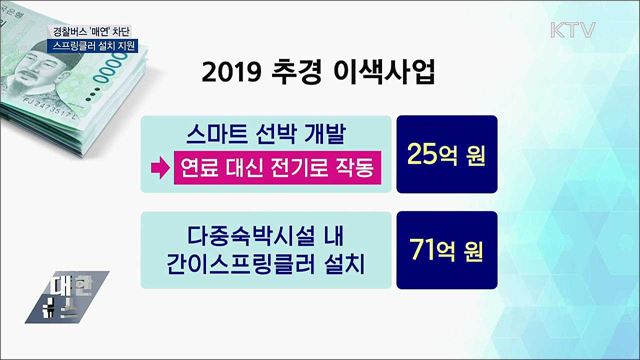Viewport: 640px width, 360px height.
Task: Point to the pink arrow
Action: click(x=158, y=167)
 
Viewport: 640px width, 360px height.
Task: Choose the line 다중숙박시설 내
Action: click(x=262, y=236)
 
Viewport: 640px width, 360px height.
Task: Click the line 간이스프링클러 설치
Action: click(x=262, y=268)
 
